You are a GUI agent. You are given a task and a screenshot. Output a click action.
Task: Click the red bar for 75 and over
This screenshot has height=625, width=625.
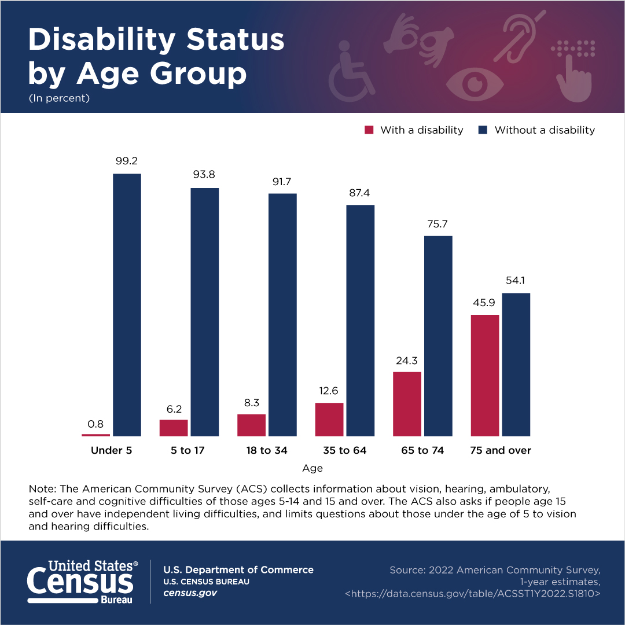pos(485,376)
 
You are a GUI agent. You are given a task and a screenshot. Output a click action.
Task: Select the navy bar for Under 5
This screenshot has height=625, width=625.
pos(127,305)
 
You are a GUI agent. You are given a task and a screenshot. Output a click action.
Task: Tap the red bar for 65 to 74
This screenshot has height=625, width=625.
pos(407,404)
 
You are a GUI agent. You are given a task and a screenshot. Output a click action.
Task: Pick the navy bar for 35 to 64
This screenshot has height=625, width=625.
pos(361,321)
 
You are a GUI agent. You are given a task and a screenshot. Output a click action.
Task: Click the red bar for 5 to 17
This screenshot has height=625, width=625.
pos(174,428)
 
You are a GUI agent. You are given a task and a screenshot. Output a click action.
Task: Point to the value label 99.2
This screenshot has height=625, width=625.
pos(127,161)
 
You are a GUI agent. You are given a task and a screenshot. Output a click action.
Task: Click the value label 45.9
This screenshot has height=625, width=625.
pos(484,303)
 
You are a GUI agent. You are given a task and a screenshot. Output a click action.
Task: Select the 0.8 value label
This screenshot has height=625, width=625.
pos(95,424)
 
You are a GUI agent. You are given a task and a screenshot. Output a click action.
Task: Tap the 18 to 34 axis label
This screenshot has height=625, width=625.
pos(267,450)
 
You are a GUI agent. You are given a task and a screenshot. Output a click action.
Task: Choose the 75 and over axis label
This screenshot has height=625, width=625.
pos(501,450)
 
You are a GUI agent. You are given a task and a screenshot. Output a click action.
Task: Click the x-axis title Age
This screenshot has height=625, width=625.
pos(312,468)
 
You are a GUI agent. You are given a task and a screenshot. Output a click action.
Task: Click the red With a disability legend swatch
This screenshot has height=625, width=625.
pos(369,130)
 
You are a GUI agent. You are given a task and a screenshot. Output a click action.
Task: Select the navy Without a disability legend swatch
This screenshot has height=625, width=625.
pos(483,130)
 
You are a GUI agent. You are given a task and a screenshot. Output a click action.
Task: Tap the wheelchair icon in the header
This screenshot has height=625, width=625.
pos(351,72)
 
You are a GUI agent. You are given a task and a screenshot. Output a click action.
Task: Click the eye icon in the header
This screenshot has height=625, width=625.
pos(475,84)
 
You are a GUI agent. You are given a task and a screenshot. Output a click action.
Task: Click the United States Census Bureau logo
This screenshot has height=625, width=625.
pos(83,582)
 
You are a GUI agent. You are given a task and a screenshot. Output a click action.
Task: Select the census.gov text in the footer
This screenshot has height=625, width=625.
pos(190,593)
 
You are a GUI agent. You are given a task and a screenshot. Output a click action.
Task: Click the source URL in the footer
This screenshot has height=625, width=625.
pos(473,594)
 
